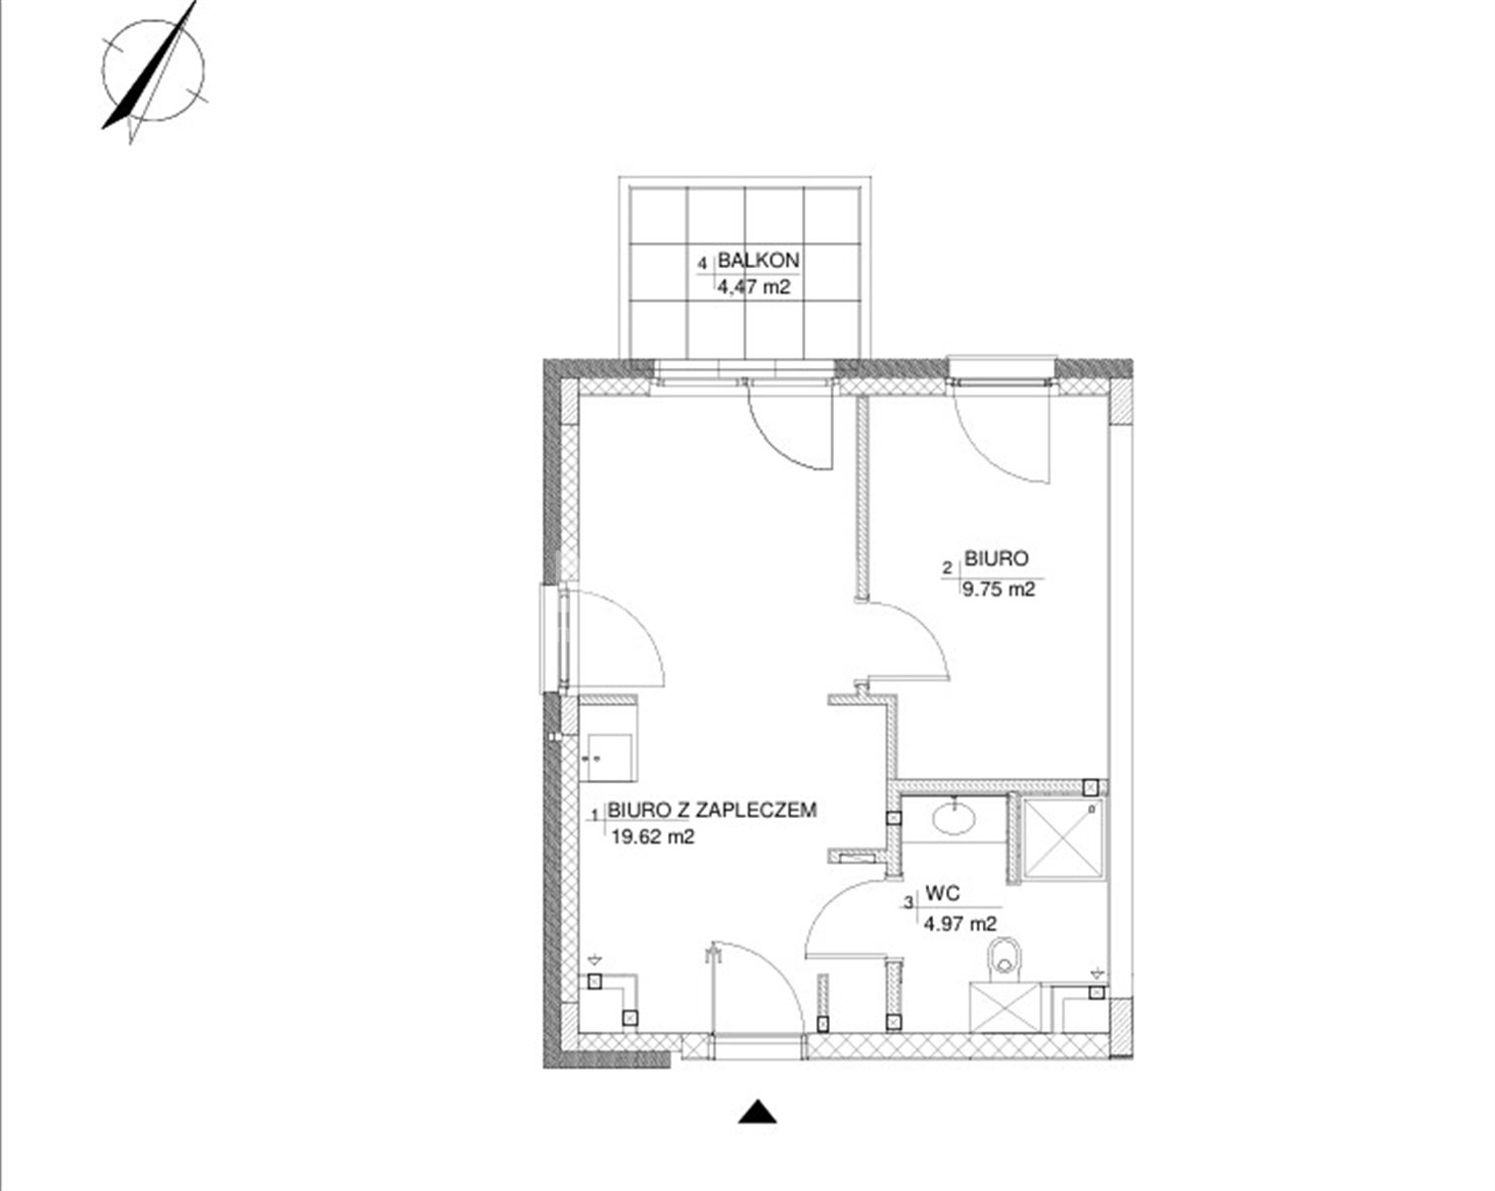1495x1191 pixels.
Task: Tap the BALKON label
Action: [x=757, y=261]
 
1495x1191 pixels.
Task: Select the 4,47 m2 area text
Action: [x=753, y=287]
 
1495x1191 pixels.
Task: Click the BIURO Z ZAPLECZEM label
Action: [x=712, y=810]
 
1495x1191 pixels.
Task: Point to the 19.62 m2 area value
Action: [x=652, y=838]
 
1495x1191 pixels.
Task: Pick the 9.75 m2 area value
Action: [x=999, y=590]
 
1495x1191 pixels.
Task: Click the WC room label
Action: [x=943, y=894]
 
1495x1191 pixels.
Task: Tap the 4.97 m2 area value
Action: [x=960, y=924]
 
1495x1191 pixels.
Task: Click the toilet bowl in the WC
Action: [x=1005, y=960]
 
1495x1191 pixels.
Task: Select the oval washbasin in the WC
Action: [x=955, y=818]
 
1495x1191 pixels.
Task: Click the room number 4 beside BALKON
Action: [x=704, y=264]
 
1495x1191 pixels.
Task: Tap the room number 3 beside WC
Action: [x=908, y=903]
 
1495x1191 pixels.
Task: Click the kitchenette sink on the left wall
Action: [x=610, y=757]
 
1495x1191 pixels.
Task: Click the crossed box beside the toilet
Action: [x=1006, y=1007]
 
